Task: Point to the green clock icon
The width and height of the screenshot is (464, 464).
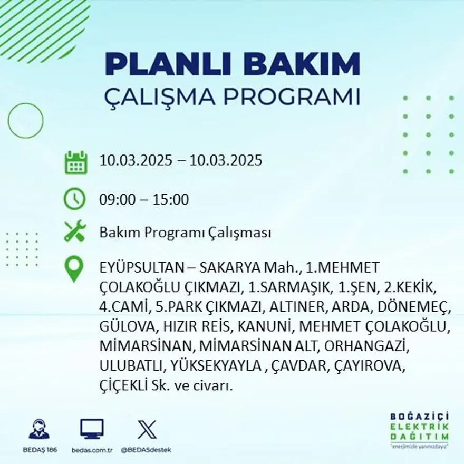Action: pyautogui.click(x=74, y=199)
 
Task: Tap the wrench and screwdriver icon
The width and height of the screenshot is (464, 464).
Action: pyautogui.click(x=74, y=231)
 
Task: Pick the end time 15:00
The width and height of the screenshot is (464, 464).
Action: pyautogui.click(x=171, y=200)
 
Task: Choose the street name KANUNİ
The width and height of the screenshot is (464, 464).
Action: pyautogui.click(x=264, y=326)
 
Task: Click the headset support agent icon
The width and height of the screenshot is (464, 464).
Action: pyautogui.click(x=38, y=429)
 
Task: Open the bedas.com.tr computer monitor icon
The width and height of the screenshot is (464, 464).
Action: pyautogui.click(x=92, y=429)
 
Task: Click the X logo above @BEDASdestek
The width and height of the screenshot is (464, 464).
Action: pyautogui.click(x=147, y=429)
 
